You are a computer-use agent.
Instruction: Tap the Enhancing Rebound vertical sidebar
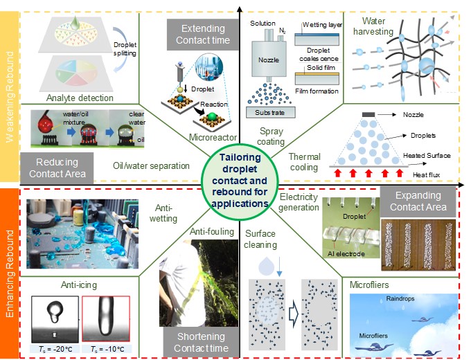click(10, 271)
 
